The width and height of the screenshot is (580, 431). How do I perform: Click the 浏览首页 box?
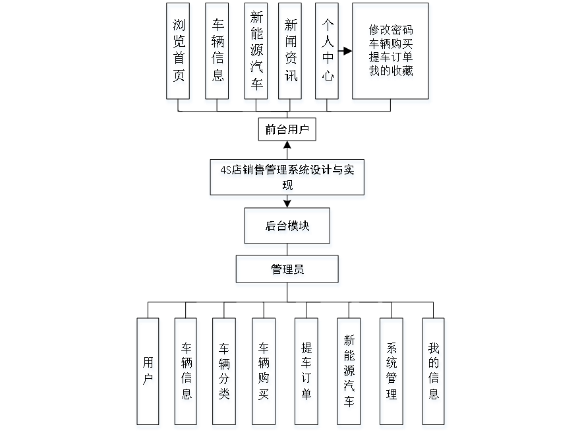coord(179,53)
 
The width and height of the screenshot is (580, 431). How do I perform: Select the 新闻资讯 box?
coord(291,53)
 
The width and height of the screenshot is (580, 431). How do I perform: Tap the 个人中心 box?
coord(328,53)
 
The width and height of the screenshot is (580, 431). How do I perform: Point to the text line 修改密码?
coord(391,30)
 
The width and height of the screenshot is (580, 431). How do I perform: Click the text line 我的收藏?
coord(391,73)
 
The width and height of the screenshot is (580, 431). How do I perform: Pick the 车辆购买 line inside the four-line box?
coord(391,44)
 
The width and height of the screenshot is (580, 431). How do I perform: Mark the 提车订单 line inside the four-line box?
coord(391,58)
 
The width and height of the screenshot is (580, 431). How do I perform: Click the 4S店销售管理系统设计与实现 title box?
coord(287,179)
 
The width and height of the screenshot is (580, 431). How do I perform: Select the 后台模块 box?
coord(288,228)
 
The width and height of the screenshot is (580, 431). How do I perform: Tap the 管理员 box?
coord(288,271)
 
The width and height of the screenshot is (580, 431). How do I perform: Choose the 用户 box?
coord(148,373)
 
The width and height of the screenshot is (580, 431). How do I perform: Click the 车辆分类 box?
coord(225,373)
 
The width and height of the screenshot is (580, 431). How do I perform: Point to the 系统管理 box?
coord(392,373)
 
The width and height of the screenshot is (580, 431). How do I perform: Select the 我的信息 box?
coord(434,373)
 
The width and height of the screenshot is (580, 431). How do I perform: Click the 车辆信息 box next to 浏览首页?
coord(217,53)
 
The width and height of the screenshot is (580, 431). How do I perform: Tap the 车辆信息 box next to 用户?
coord(187,373)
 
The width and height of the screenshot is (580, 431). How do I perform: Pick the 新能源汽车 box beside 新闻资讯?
coord(256,53)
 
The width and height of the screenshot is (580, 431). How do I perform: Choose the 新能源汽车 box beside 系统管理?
coord(349,373)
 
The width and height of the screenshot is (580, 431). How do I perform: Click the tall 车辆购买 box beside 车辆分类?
coord(264,373)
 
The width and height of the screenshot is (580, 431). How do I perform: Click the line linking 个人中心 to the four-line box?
coord(347,51)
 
